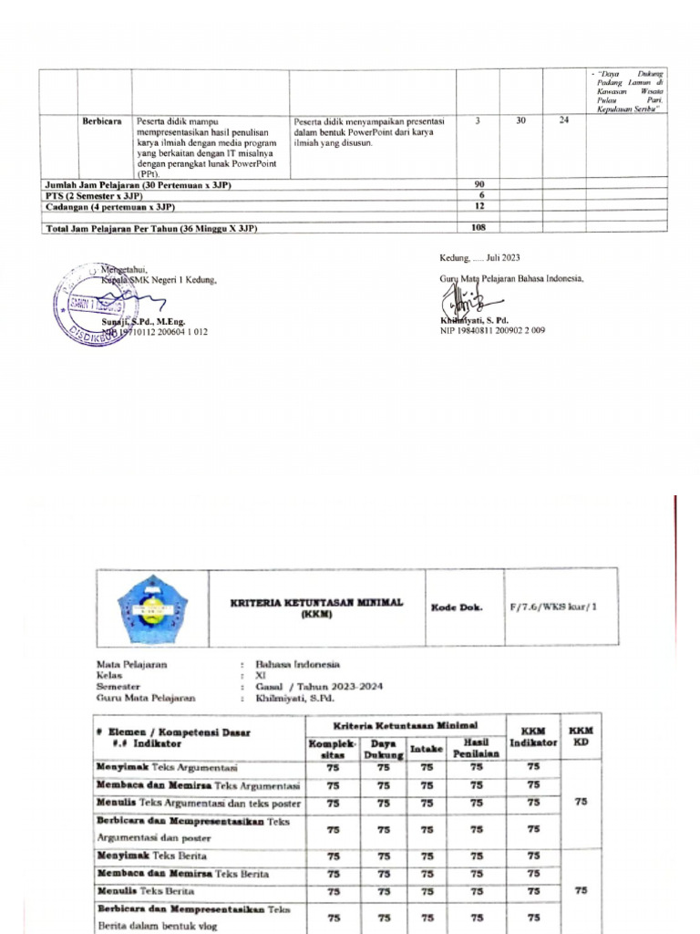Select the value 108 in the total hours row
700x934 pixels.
click(479, 228)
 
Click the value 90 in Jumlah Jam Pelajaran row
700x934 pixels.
click(479, 185)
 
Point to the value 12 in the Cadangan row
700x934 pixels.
click(479, 206)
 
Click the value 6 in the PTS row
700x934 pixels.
click(479, 195)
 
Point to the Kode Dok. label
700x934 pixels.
click(458, 607)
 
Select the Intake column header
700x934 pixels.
click(427, 750)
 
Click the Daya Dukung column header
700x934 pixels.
click(384, 750)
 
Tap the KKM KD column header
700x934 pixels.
click(581, 737)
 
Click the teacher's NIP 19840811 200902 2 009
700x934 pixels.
click(492, 331)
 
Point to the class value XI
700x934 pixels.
click(262, 675)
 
